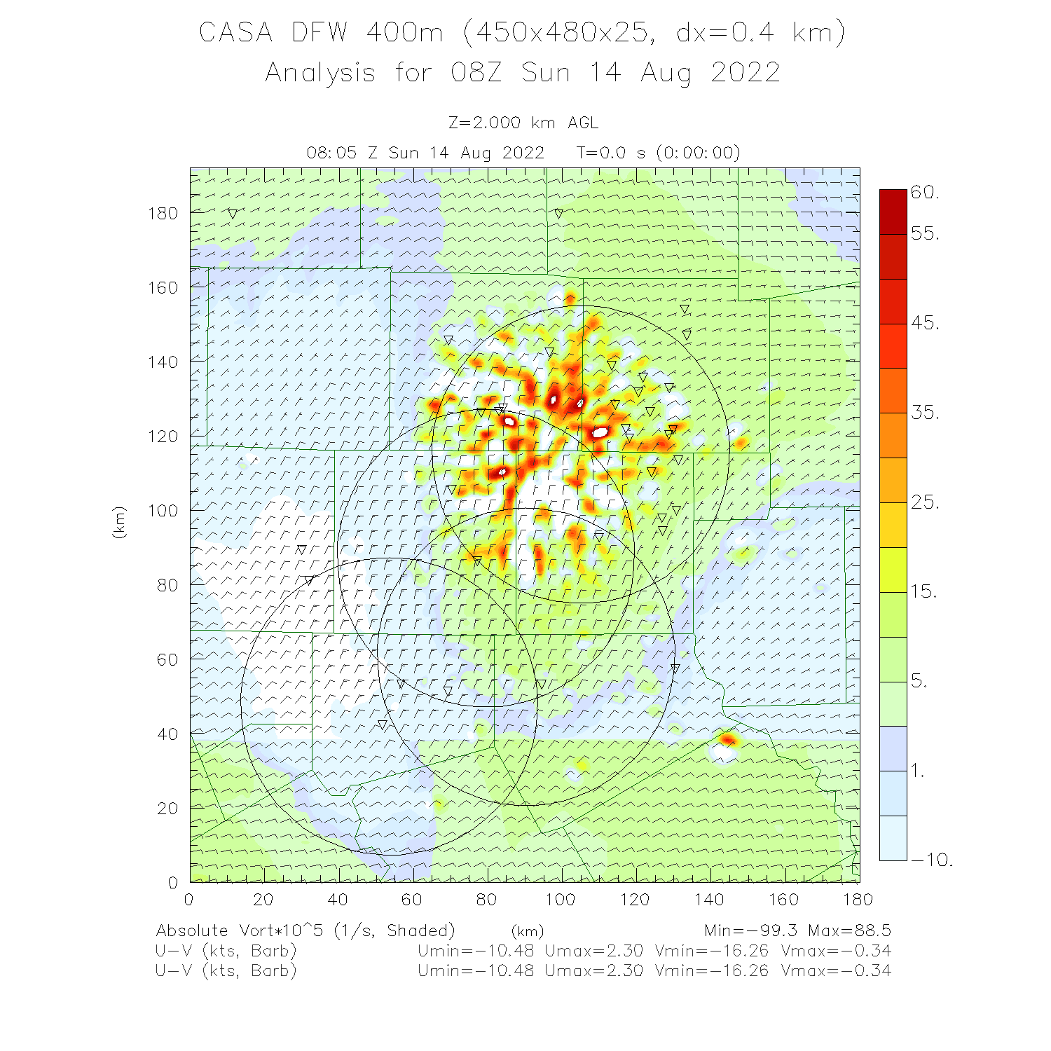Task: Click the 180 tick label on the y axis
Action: tap(163, 213)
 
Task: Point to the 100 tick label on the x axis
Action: tap(560, 900)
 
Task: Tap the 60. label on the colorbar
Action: tap(925, 193)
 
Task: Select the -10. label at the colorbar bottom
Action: tap(932, 860)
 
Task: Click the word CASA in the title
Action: tap(235, 33)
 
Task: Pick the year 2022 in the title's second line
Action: tap(745, 73)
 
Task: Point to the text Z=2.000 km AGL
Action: tap(523, 123)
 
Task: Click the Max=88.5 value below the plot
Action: tap(849, 930)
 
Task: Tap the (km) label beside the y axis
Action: tap(119, 523)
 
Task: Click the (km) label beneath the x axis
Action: tap(527, 931)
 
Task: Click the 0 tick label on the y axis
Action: tap(173, 883)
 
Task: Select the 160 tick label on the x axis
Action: tap(783, 900)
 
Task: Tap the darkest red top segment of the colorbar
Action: tap(893, 211)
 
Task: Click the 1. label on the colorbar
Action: tap(918, 771)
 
